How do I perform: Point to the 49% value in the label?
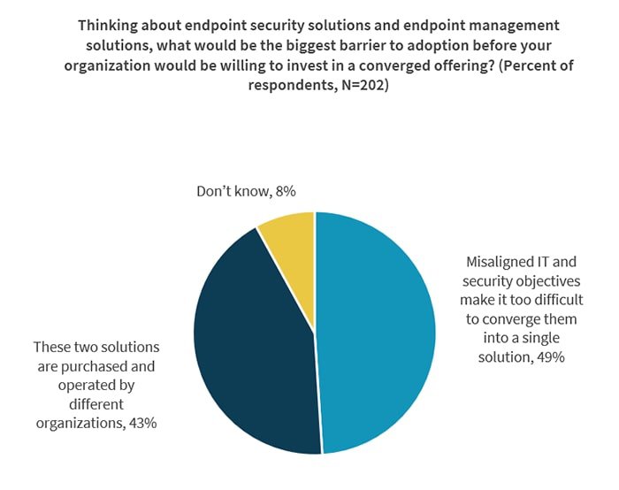point(547,356)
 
